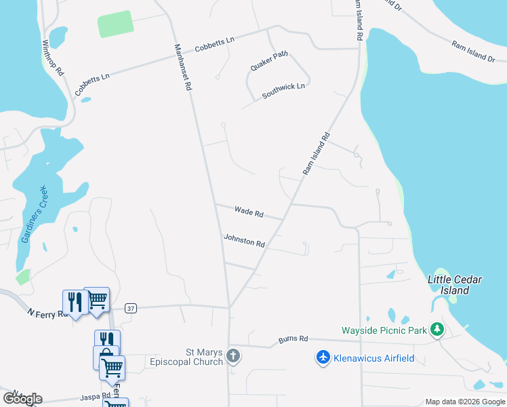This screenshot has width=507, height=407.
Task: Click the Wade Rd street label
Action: click(249, 212)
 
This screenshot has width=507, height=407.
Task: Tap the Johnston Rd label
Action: click(244, 240)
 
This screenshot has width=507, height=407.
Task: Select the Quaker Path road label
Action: click(270, 61)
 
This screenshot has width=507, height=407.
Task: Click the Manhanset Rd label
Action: click(183, 68)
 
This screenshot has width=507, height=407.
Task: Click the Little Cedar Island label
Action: click(454, 285)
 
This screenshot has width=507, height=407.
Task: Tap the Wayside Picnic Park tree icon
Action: click(437, 330)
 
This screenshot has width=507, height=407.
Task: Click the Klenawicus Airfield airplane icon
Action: click(323, 357)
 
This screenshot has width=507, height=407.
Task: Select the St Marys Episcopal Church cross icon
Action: click(232, 356)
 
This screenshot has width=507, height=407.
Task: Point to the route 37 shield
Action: click(131, 308)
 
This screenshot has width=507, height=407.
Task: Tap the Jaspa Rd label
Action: click(95, 395)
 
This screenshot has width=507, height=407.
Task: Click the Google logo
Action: click(22, 398)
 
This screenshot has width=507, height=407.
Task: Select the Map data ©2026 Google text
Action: click(465, 402)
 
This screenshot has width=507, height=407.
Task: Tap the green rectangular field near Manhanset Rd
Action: click(116, 24)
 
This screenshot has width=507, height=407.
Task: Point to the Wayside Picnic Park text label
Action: click(384, 331)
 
